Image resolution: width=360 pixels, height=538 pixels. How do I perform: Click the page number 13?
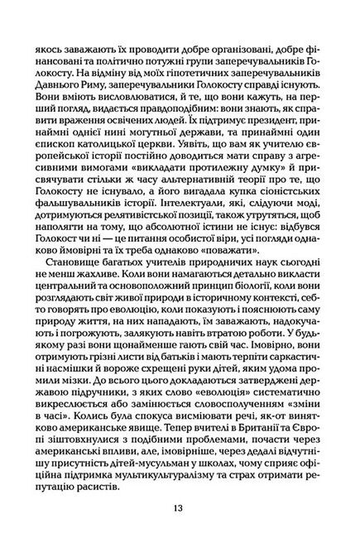(180, 508)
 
